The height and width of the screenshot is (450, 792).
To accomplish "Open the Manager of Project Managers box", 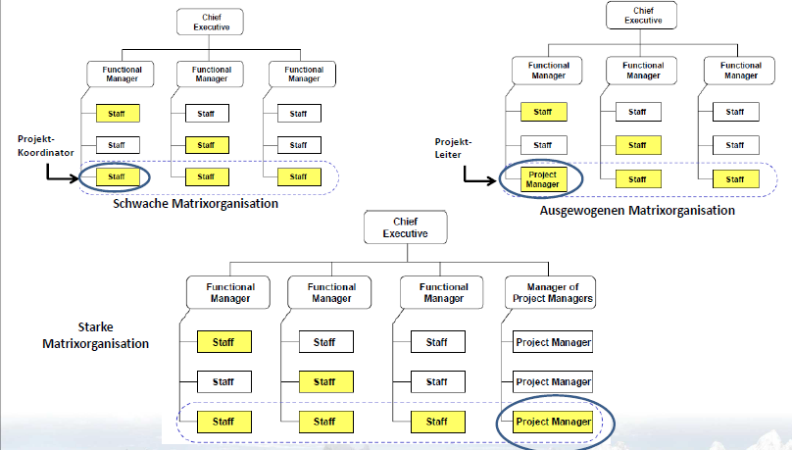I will click(553, 293).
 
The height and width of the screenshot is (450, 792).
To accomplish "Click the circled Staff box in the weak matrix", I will click(118, 176).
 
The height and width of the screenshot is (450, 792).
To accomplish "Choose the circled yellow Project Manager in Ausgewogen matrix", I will click(542, 178).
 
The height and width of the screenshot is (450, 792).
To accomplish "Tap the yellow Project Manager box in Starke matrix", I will click(553, 422).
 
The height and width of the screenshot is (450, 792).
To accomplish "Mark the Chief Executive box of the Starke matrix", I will click(406, 227).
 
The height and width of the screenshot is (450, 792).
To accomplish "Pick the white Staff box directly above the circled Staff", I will click(118, 145).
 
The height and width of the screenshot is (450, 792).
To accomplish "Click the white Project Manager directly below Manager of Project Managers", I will click(553, 342).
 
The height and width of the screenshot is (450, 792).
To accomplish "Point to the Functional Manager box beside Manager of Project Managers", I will click(442, 292).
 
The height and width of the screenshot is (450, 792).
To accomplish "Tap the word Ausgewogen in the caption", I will click(579, 210).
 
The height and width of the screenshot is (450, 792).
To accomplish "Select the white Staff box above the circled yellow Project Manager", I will click(542, 144).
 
